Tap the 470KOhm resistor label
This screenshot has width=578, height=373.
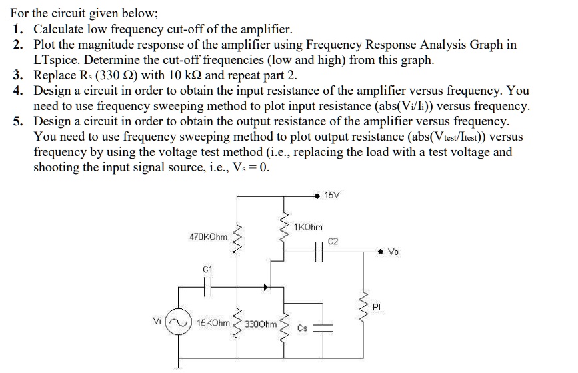click(208, 236)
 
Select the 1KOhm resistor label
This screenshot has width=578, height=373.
click(308, 228)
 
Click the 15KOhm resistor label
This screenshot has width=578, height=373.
click(213, 323)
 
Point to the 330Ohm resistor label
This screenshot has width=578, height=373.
click(261, 324)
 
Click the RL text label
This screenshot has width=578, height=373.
click(378, 308)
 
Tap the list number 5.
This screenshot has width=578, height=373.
click(18, 121)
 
